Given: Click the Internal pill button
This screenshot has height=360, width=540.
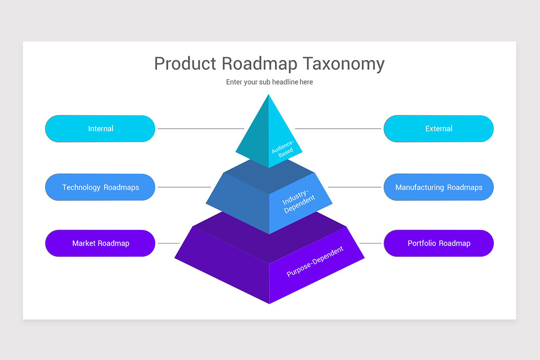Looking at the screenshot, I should click(x=100, y=129).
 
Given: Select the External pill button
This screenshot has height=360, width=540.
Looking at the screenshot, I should click(x=438, y=129).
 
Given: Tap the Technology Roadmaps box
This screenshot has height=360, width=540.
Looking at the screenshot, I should click(x=100, y=187).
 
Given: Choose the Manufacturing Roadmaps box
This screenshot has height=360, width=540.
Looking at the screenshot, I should click(x=438, y=187).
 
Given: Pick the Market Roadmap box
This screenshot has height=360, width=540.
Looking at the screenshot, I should click(x=100, y=243).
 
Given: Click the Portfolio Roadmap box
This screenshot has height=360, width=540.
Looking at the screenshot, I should click(x=438, y=243).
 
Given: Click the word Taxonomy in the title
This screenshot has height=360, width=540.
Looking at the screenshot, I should click(x=343, y=64).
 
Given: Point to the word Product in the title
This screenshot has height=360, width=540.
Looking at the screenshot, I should click(x=185, y=64).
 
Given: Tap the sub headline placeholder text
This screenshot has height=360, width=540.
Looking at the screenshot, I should click(x=270, y=82).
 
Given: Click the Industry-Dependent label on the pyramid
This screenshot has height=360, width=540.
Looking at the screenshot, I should click(x=299, y=202).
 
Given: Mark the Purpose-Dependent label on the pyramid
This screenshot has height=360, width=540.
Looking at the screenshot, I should click(x=315, y=261).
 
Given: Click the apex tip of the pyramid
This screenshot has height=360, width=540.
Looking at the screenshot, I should click(x=269, y=95).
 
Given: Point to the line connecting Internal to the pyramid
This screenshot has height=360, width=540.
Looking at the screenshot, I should click(x=201, y=129).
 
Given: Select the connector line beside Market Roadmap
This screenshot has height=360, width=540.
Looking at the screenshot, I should click(x=169, y=243).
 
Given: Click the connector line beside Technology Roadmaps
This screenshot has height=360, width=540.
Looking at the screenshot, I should click(x=184, y=187).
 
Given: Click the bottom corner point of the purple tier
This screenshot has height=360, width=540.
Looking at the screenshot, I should click(x=269, y=303).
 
